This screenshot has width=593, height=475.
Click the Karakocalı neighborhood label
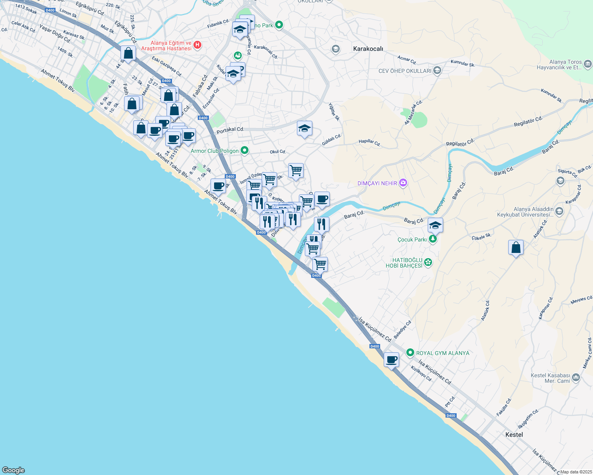[368, 49]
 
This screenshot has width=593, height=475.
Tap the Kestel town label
[514, 435]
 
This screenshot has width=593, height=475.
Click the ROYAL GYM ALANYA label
[442, 353]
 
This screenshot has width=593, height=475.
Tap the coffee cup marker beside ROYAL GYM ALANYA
[391, 360]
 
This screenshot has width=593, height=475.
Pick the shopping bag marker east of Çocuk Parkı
[516, 248]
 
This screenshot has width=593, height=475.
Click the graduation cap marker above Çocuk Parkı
[435, 226]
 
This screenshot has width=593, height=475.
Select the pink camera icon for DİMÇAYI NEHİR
[403, 183]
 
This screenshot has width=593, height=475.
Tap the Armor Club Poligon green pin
[245, 150]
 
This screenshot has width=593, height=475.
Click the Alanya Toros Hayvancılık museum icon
[587, 64]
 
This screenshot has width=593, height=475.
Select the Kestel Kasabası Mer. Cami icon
[576, 378]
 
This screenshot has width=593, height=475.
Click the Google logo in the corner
[13, 470]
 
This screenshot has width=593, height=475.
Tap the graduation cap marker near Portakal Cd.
[304, 129]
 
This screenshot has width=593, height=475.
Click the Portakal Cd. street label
[230, 129]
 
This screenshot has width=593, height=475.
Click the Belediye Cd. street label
[402, 329]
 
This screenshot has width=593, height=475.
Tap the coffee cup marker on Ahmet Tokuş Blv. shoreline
[218, 186]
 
